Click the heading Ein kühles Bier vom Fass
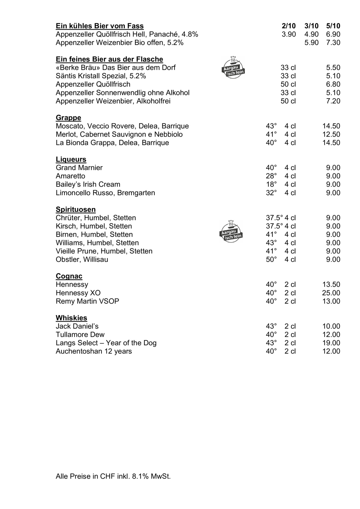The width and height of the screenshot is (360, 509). (x=100, y=26)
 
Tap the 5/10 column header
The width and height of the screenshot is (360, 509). (x=333, y=26)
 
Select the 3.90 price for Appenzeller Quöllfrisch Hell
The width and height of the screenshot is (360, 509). (x=289, y=34)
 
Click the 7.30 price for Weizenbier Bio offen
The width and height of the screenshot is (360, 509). (x=333, y=43)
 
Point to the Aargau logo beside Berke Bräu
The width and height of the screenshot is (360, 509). (x=233, y=68)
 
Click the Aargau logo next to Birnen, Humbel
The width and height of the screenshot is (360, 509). (x=231, y=231)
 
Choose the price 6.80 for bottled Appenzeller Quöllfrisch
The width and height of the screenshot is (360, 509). (x=333, y=84)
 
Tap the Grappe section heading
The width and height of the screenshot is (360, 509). (x=69, y=118)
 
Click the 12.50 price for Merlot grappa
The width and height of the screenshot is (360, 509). (x=331, y=135)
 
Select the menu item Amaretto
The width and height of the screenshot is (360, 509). (x=71, y=176)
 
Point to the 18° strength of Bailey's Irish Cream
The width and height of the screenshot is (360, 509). (x=271, y=185)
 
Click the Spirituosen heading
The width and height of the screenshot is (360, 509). (x=76, y=210)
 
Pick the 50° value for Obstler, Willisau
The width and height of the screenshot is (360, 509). (x=271, y=259)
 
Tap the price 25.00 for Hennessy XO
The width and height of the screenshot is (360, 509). (x=331, y=293)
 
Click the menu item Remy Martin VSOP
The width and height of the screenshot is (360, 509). (x=87, y=302)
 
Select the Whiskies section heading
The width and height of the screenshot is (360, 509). (x=71, y=318)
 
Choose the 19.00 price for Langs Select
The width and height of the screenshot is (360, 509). (x=331, y=343)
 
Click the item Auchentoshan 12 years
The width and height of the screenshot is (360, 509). (x=94, y=351)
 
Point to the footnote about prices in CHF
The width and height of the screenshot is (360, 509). (x=113, y=476)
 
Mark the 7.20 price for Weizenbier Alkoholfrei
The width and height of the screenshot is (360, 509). (x=333, y=101)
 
